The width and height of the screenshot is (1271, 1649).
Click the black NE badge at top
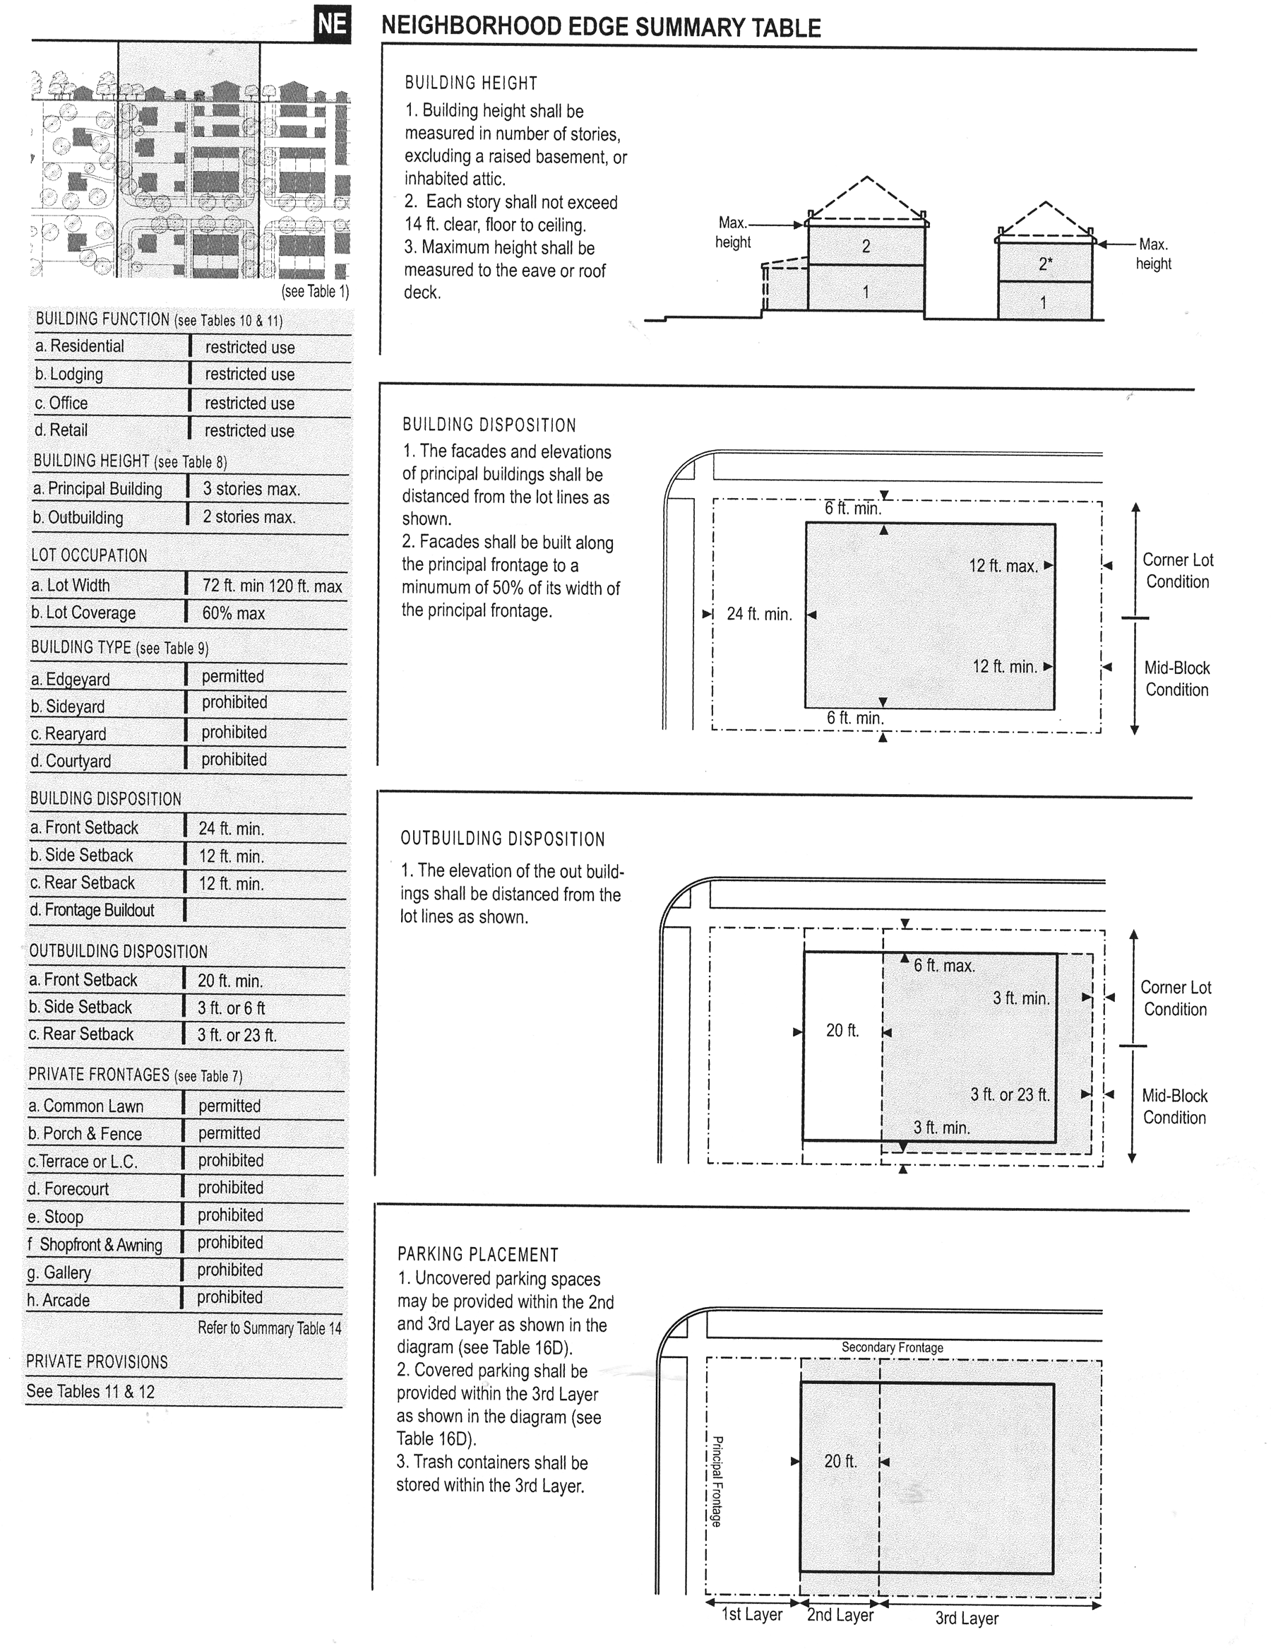coord(332,25)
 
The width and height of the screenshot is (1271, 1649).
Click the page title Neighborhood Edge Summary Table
coord(601,27)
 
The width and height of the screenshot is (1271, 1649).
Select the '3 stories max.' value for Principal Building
coord(251,490)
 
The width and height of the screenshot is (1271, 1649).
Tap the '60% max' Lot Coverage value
coord(233,613)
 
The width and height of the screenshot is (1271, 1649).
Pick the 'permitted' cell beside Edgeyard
coord(232,677)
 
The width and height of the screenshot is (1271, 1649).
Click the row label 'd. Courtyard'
coord(71,761)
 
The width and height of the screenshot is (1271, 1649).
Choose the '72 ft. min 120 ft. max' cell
coord(272,586)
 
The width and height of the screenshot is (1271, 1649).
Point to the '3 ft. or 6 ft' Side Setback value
coord(231,1008)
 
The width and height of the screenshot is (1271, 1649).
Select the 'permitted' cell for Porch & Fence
coord(229,1133)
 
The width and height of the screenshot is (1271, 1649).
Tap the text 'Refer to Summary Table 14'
coord(270,1328)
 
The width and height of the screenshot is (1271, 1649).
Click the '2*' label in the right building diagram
coord(1045,264)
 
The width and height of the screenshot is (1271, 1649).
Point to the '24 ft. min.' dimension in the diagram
coord(759,615)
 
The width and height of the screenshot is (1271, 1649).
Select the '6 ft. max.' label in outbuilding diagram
coord(944,966)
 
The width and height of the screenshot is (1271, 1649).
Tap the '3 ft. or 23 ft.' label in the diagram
coord(1010,1094)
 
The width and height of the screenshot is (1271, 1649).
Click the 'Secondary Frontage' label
coord(892,1347)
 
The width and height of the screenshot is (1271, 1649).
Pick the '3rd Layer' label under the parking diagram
coord(967,1618)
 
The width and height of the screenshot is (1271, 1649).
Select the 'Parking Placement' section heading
coord(478,1255)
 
